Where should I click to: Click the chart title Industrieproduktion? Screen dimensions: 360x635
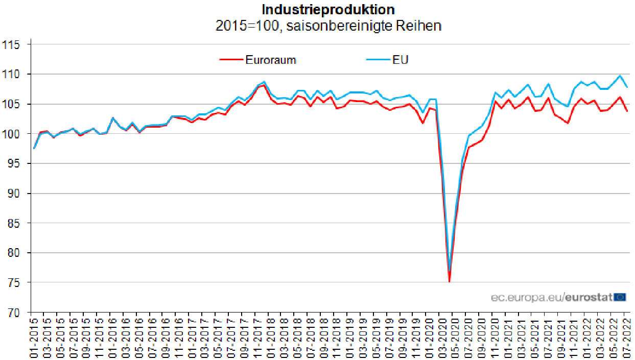[328, 9]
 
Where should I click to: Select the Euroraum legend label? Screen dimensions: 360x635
[271, 60]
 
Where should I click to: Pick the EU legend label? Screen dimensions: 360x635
[401, 60]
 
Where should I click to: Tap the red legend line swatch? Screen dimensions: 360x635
[231, 60]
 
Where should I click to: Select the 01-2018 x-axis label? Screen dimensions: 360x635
[270, 338]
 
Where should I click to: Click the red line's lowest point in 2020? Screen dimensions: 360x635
[449, 281]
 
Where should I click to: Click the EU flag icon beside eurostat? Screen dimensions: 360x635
[620, 297]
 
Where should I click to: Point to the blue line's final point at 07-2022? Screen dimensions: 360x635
[627, 87]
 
